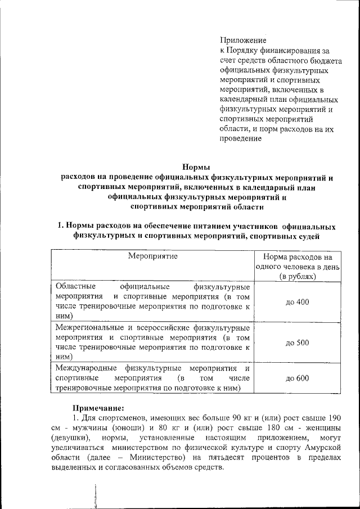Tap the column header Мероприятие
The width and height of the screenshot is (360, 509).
(x=152, y=256)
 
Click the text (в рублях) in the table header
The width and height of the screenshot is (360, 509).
(x=298, y=276)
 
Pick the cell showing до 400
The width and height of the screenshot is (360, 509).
(x=297, y=302)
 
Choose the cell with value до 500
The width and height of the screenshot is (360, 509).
(x=297, y=343)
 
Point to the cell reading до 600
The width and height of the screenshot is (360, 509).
(x=297, y=378)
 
